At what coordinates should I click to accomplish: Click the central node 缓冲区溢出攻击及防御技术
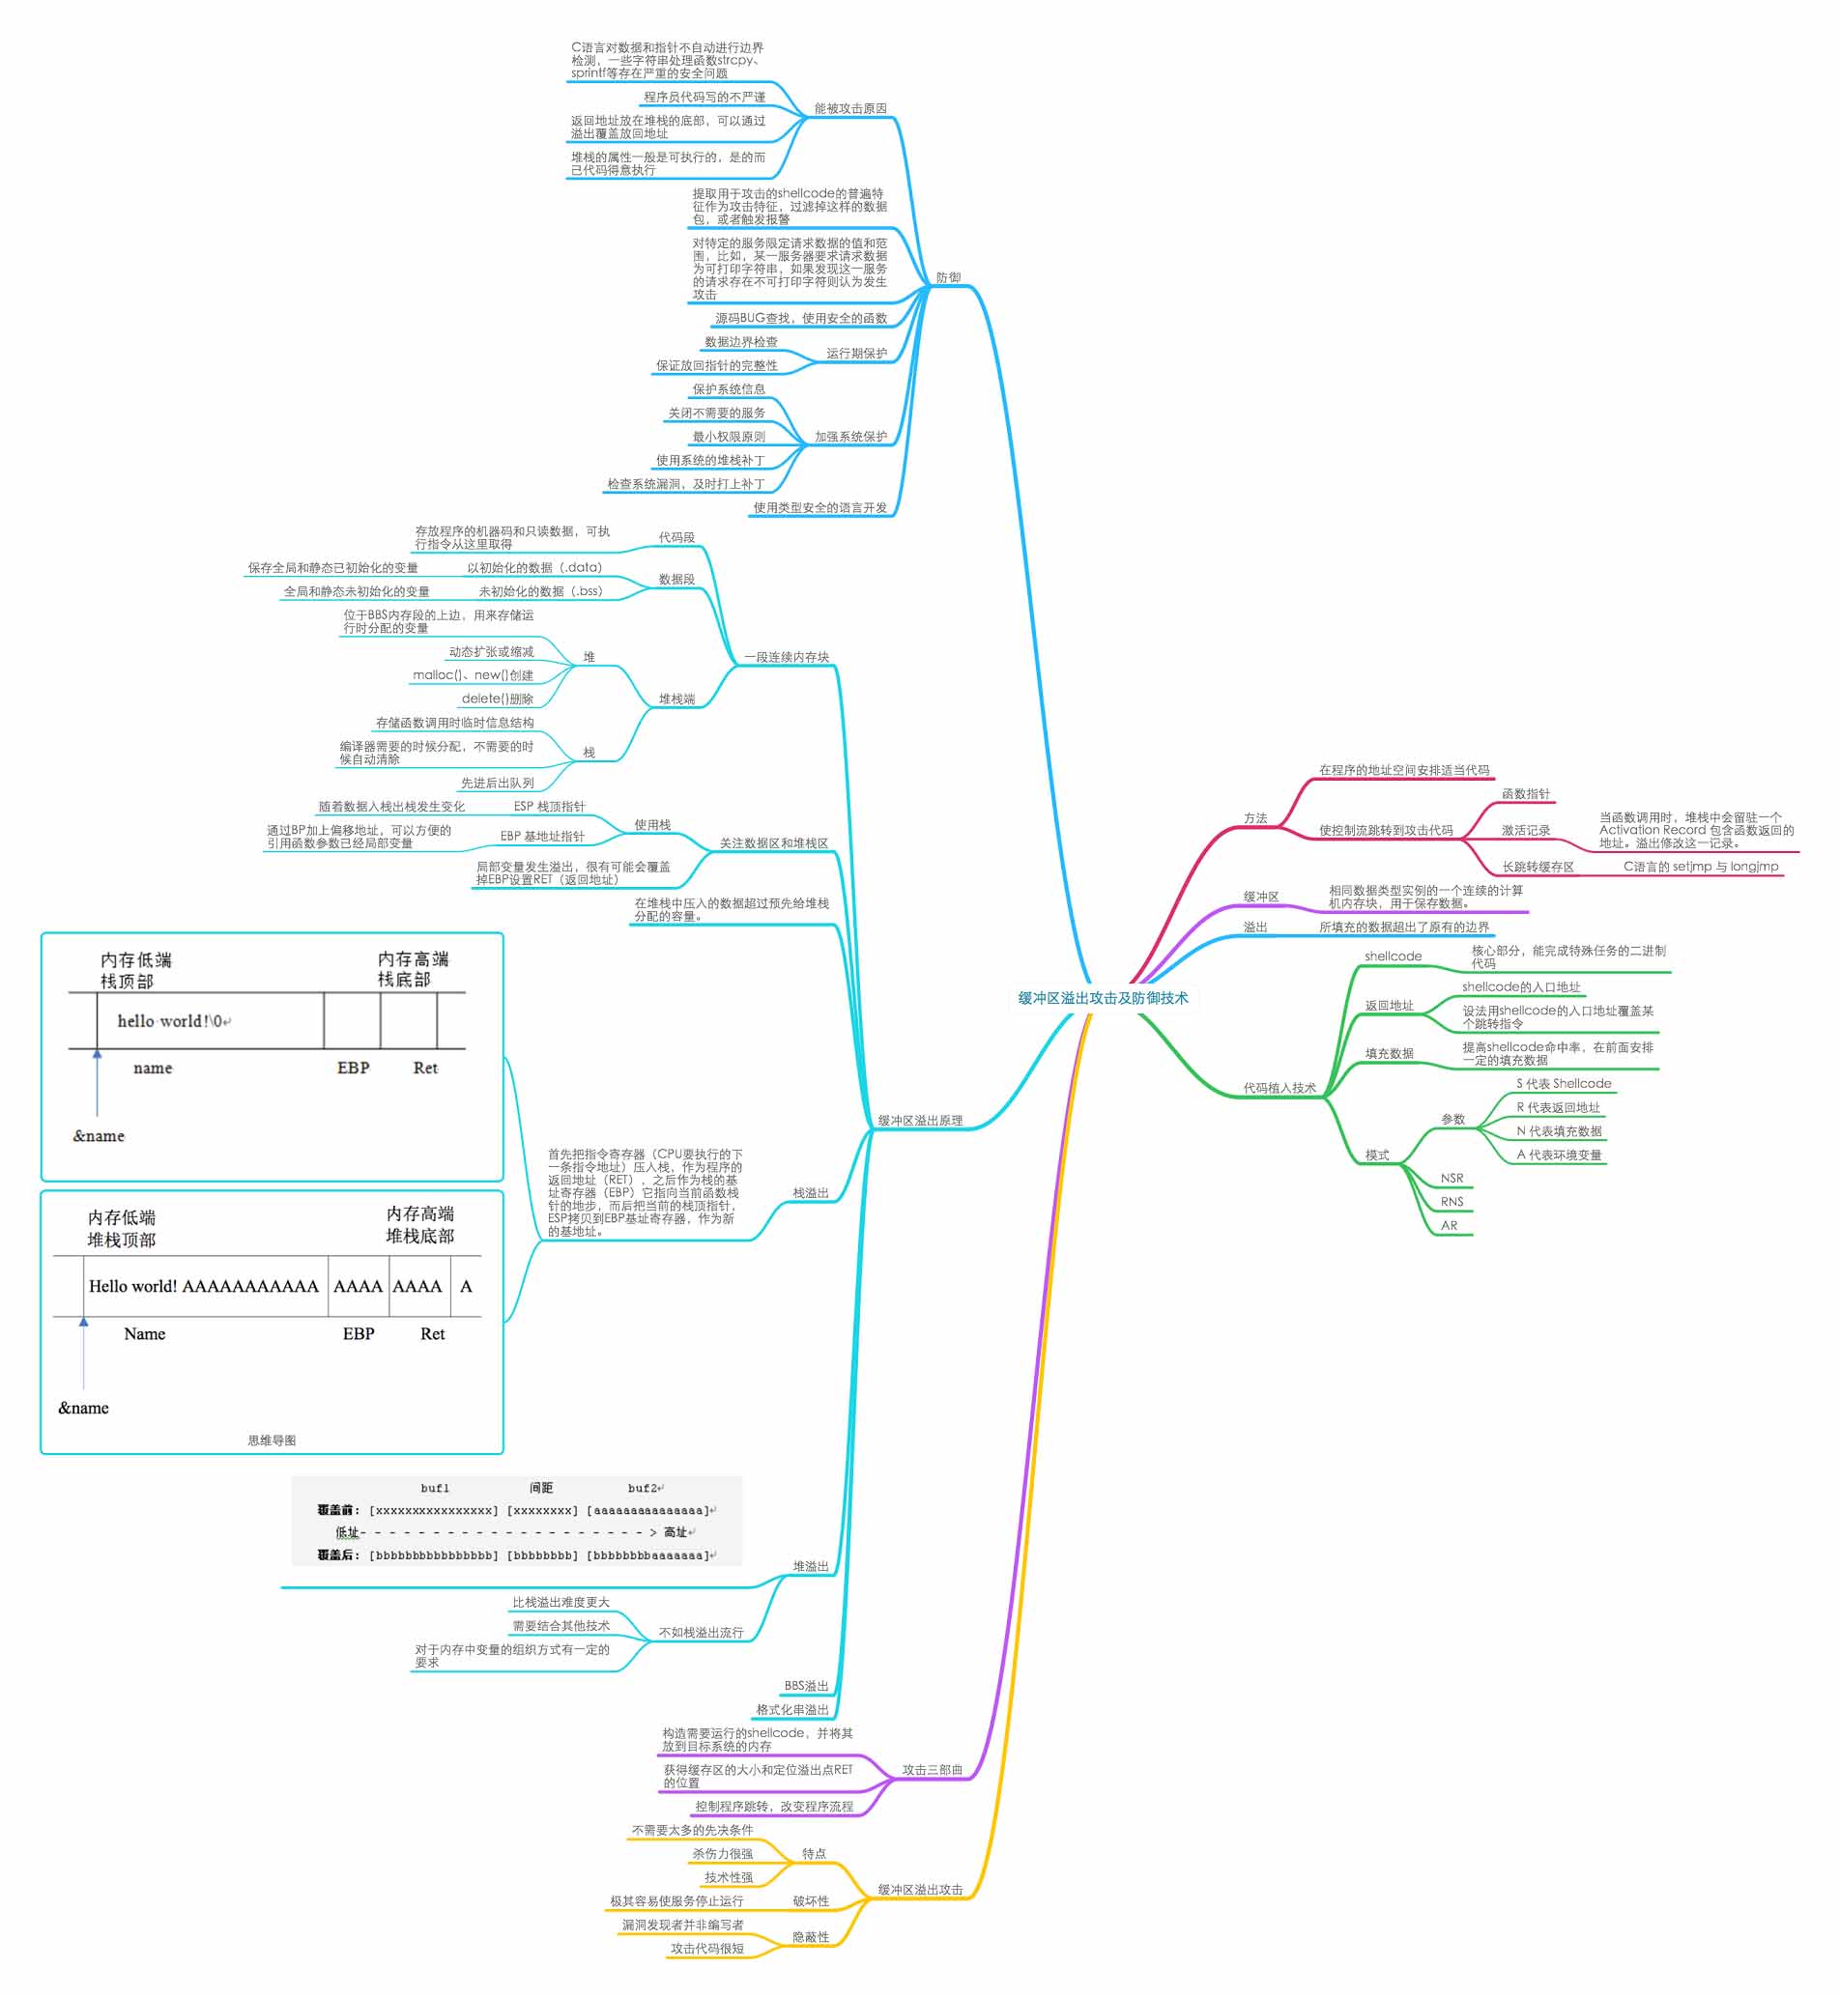[1103, 997]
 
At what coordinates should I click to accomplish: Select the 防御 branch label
[948, 277]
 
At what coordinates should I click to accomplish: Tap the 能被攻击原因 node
[850, 108]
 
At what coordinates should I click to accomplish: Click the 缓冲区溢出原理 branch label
[920, 1120]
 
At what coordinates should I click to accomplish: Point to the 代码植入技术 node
[1279, 1088]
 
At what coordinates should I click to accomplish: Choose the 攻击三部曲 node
[932, 1770]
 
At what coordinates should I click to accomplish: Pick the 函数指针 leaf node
[1525, 793]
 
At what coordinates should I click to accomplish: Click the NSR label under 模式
[1452, 1178]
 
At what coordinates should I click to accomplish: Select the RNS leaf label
[1452, 1202]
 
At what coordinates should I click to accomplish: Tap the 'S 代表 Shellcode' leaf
[1564, 1083]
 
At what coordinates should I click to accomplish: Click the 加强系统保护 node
[850, 436]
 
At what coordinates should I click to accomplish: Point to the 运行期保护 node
[856, 354]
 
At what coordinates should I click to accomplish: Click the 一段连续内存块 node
[786, 657]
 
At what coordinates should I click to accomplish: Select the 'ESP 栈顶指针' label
[549, 807]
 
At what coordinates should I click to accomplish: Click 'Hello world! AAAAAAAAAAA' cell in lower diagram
[204, 1286]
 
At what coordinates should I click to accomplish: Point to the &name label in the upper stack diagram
[99, 1136]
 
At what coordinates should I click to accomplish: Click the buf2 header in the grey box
[645, 1488]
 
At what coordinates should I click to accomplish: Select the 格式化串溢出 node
[791, 1709]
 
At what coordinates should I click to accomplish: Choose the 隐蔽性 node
[811, 1936]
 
